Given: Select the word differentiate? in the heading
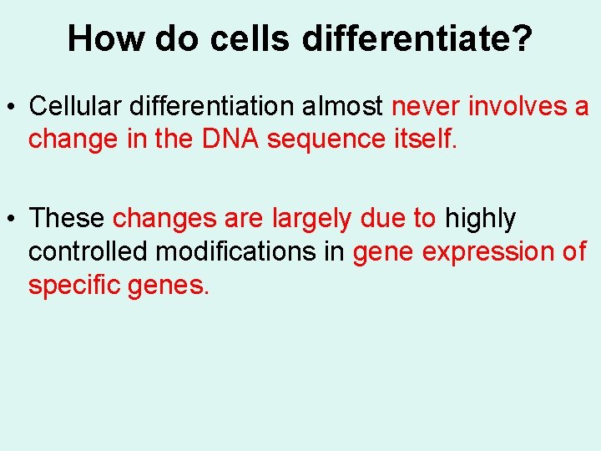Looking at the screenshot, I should pyautogui.click(x=416, y=38).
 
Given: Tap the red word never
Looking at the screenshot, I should pyautogui.click(x=427, y=107).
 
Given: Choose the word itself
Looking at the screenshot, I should pyautogui.click(x=426, y=139).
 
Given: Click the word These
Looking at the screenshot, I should pyautogui.click(x=67, y=219).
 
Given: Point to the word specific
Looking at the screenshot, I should pyautogui.click(x=74, y=286).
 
